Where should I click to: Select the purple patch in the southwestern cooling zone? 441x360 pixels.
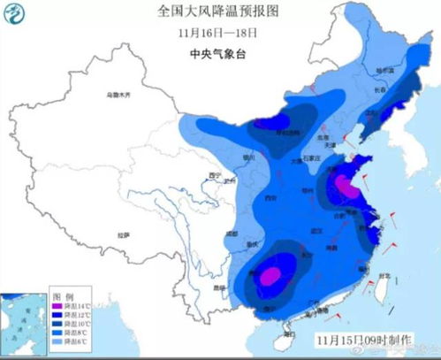coord(269,276)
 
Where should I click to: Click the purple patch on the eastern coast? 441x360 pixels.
coord(342,186)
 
